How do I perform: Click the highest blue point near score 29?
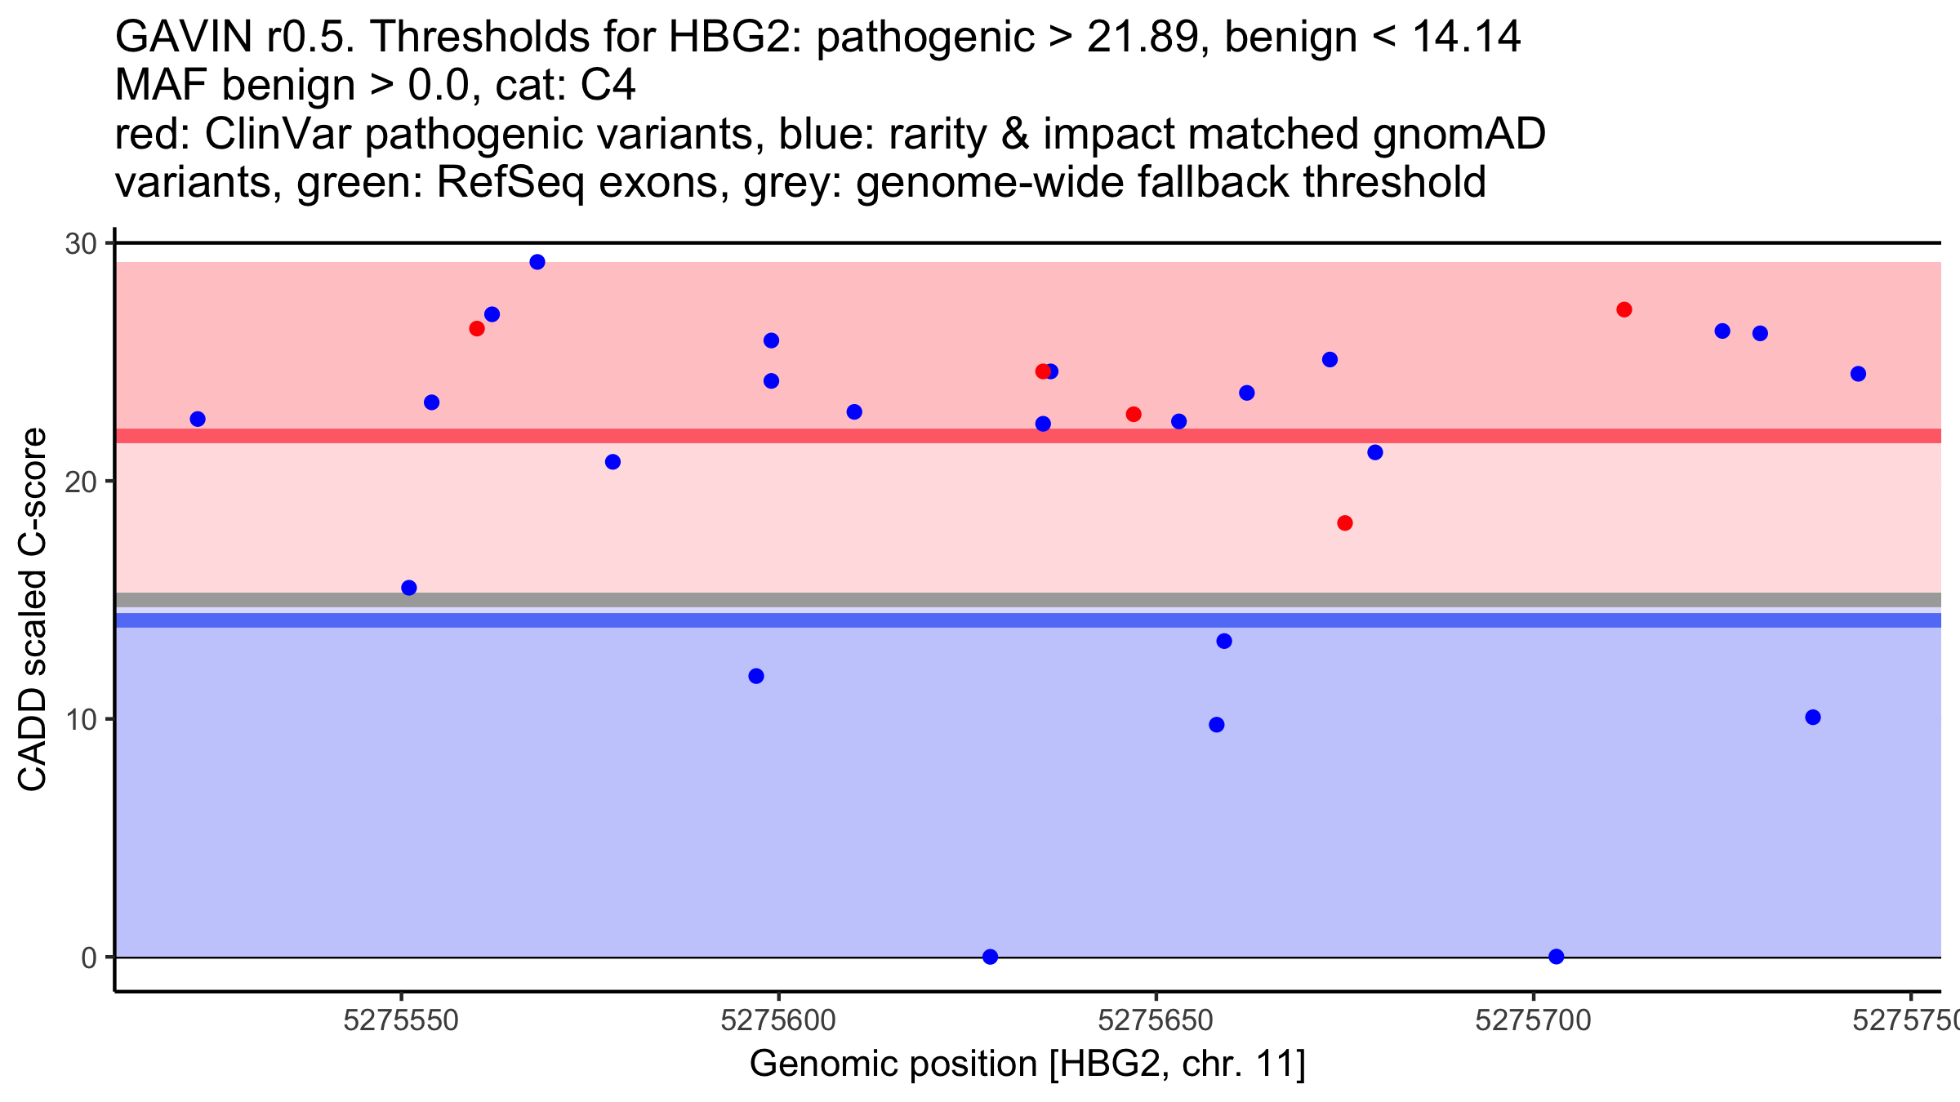537,262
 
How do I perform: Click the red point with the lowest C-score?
1345,523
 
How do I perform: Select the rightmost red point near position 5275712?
1624,309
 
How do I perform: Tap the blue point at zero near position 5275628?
991,957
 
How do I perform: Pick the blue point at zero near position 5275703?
1557,957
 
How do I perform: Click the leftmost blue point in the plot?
198,419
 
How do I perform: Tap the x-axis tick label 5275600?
778,1021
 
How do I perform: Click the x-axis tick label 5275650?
1156,1021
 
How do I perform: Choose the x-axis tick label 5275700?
1533,1021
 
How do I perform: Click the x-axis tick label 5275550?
401,1021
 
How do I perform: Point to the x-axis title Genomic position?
1027,1064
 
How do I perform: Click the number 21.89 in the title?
1148,37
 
